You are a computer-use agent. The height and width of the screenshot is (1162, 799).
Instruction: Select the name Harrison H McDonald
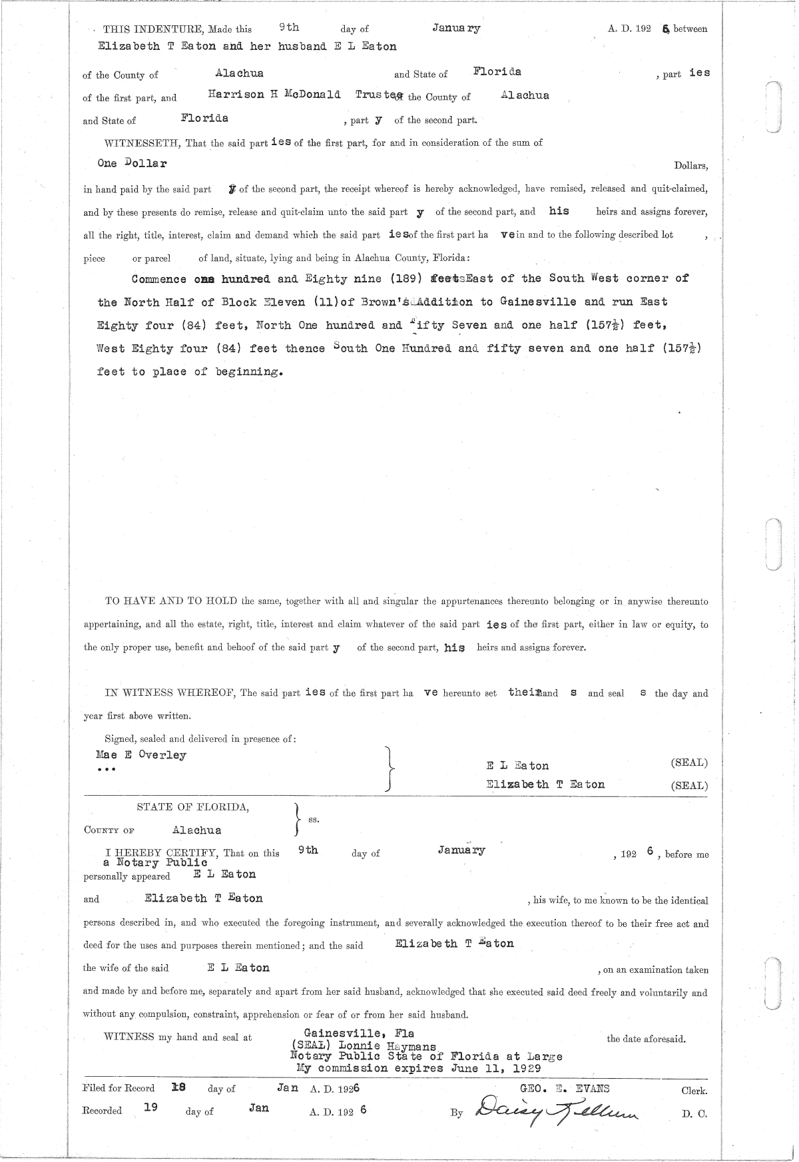(x=274, y=95)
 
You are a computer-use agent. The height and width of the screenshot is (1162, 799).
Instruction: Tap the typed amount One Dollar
(x=132, y=163)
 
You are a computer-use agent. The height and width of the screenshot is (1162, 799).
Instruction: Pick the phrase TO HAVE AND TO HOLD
(x=171, y=601)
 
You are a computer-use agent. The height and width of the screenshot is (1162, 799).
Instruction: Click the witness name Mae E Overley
(x=141, y=755)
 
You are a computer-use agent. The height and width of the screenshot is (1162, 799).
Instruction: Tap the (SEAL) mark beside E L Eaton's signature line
(x=689, y=763)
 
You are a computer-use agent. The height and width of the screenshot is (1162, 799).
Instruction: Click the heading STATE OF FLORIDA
(x=193, y=807)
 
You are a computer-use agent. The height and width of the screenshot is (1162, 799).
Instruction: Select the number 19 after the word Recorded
(x=150, y=1109)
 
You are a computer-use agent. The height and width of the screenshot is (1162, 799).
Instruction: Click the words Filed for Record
(x=119, y=1089)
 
